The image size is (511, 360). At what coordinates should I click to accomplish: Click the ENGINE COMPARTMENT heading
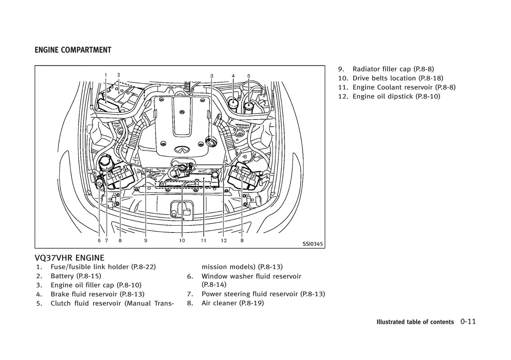tap(73, 50)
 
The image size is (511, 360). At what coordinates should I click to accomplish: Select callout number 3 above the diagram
tap(212, 76)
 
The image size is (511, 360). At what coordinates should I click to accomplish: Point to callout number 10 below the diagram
tap(182, 241)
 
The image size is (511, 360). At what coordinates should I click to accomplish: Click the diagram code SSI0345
tap(312, 244)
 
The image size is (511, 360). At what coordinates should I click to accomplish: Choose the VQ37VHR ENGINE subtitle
tap(70, 258)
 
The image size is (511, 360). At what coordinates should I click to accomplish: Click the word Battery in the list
tap(62, 276)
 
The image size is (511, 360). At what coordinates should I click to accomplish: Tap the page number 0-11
tap(468, 321)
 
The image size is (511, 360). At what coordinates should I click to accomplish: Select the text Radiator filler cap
tap(382, 69)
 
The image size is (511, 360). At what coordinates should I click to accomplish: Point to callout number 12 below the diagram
tap(223, 241)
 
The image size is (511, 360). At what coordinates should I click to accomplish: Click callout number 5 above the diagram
tap(249, 76)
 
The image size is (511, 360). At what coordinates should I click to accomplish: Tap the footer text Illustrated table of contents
tap(415, 322)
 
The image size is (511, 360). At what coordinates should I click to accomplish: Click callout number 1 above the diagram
tap(106, 75)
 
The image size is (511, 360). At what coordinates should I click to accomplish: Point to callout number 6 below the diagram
tap(99, 241)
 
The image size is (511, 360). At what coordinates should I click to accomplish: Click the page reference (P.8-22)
tap(143, 267)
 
